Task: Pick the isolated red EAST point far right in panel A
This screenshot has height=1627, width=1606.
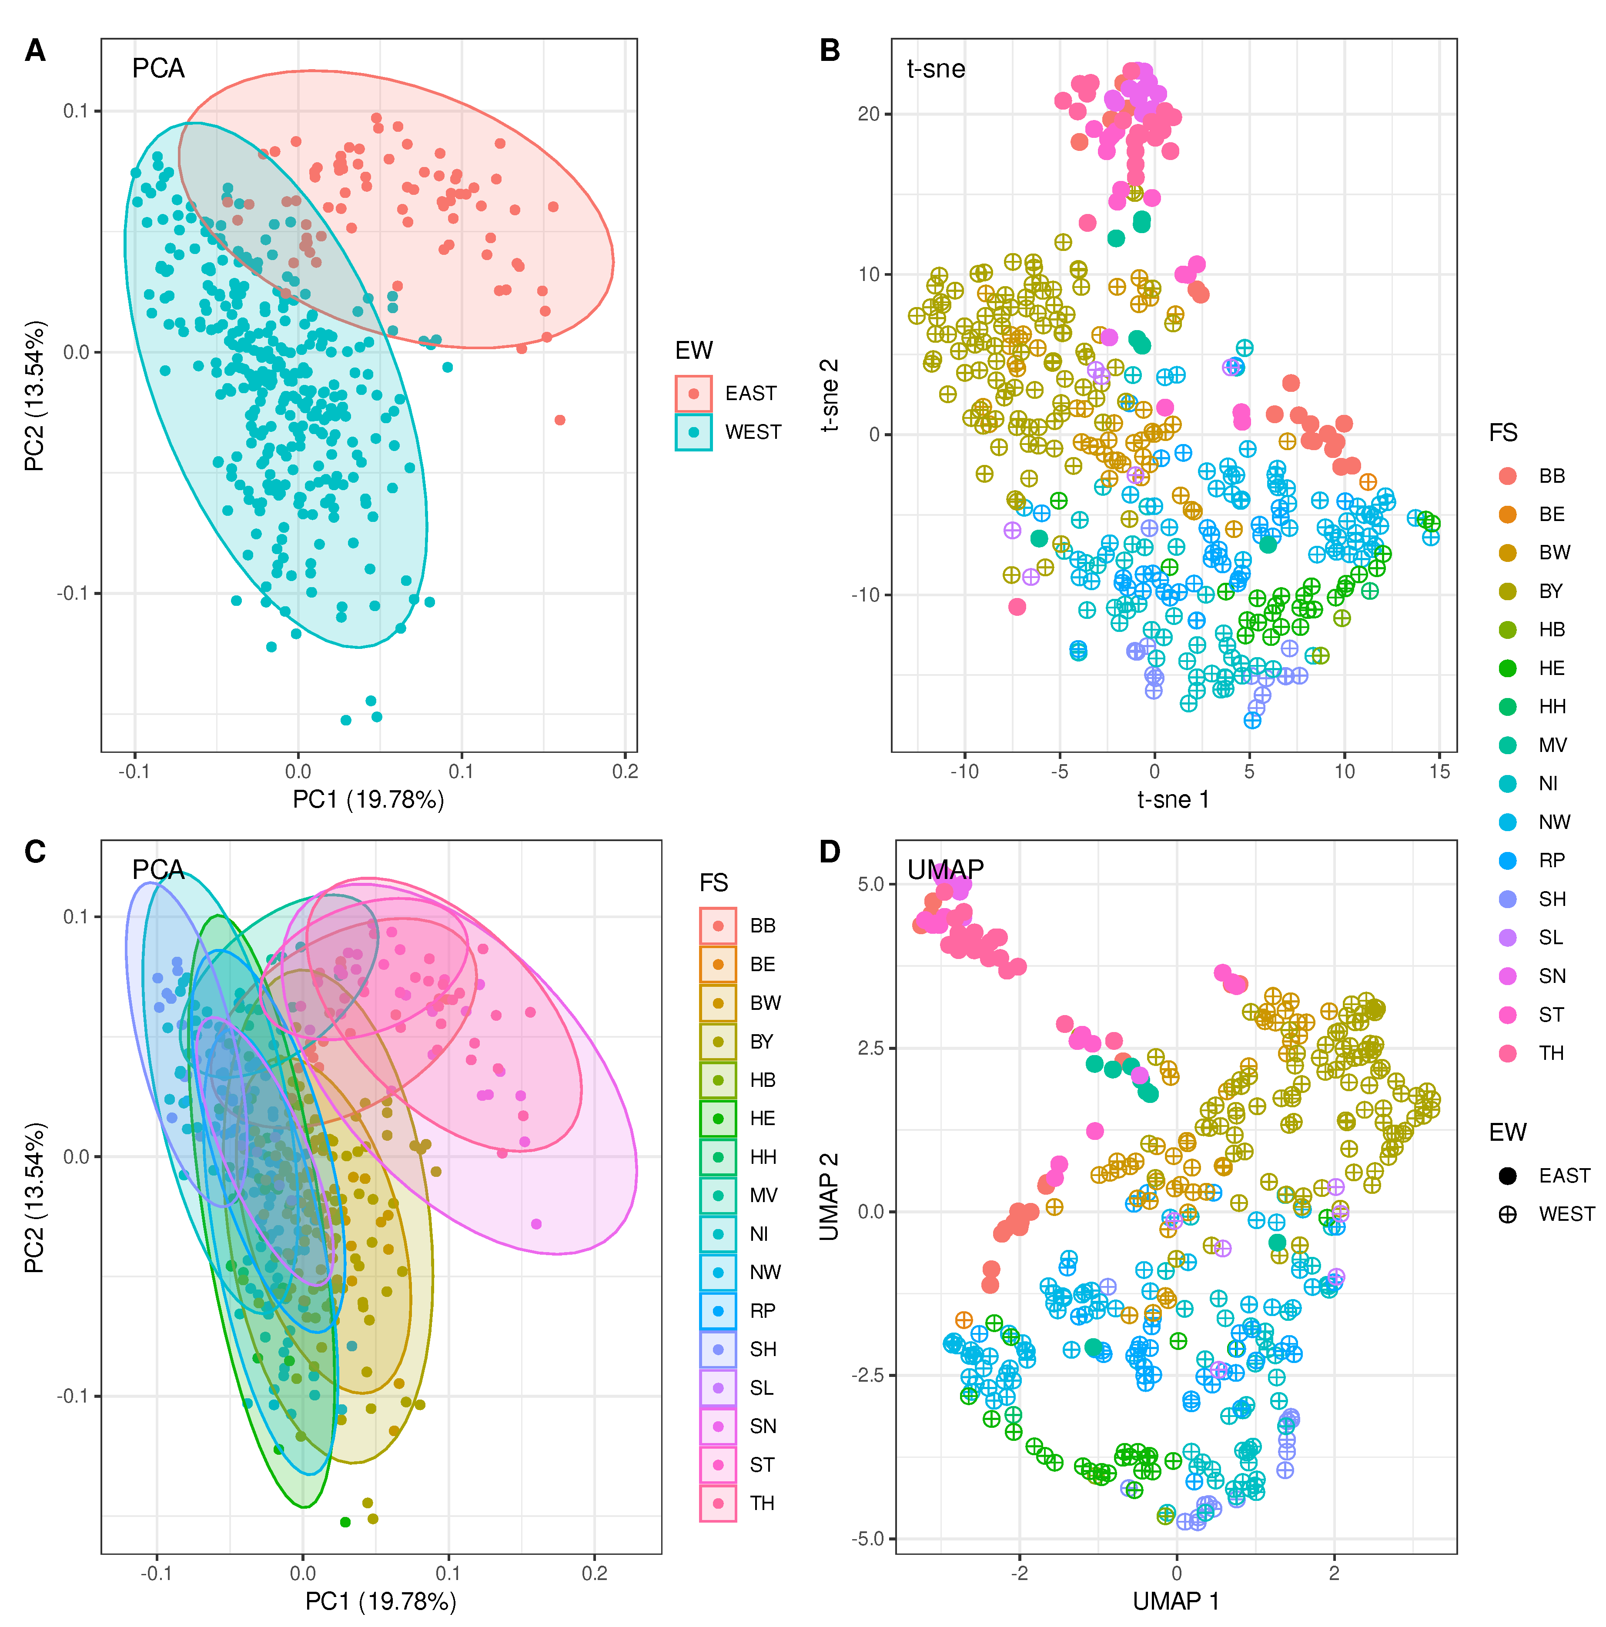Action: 560,419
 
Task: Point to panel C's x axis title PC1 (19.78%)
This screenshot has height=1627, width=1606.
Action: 381,1601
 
